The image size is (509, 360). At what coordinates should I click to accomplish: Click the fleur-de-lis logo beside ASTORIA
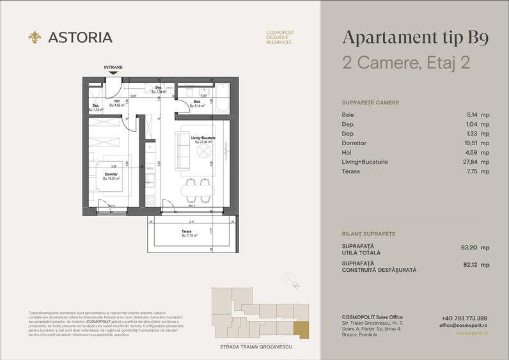pos(35,38)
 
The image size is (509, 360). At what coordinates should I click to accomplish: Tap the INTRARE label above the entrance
pos(113,67)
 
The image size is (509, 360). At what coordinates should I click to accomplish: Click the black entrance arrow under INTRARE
pos(113,74)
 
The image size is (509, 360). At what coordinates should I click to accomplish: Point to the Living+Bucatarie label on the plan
pos(203,139)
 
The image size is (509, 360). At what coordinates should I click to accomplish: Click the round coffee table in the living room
pos(203,152)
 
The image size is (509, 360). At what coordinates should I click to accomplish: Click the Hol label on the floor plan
pos(117,101)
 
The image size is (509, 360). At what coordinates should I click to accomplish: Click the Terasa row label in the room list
pos(351,171)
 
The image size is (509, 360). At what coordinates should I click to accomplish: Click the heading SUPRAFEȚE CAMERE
pos(371,102)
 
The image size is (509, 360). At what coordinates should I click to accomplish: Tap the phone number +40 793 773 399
pos(464,318)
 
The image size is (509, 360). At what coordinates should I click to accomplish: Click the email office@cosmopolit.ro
pos(464,325)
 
